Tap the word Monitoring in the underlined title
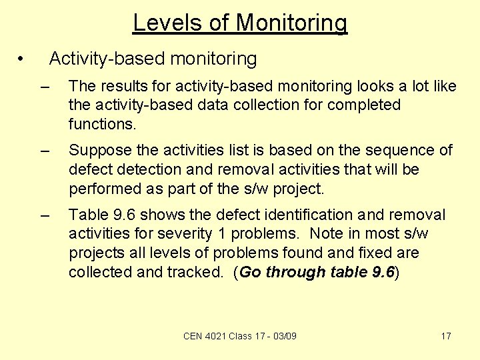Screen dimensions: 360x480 click(291, 23)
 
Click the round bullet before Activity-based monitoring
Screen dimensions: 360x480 click(22, 59)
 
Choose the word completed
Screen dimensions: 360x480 click(365, 105)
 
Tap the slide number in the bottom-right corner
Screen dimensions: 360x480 click(446, 336)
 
